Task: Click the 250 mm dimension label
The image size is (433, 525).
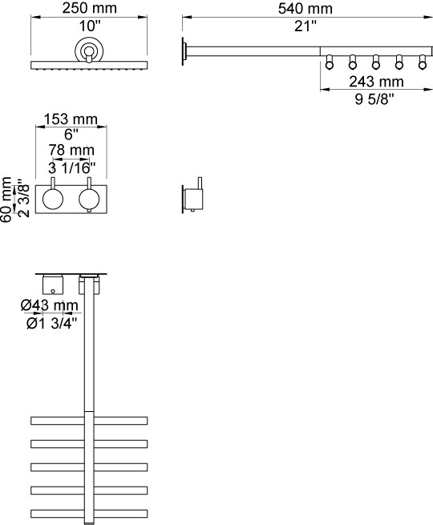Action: point(90,8)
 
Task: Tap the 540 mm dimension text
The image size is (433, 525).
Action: point(305,9)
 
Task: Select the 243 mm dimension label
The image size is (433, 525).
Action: point(376,82)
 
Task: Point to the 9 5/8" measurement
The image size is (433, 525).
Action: point(374,99)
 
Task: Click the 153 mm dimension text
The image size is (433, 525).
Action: point(71,119)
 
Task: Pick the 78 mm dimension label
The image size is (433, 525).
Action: point(71,150)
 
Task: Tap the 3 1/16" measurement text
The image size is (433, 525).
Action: point(71,168)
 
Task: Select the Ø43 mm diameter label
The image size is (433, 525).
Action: point(50,305)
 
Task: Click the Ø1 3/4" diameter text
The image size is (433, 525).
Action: point(52,324)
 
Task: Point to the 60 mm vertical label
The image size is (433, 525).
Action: point(6,200)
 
